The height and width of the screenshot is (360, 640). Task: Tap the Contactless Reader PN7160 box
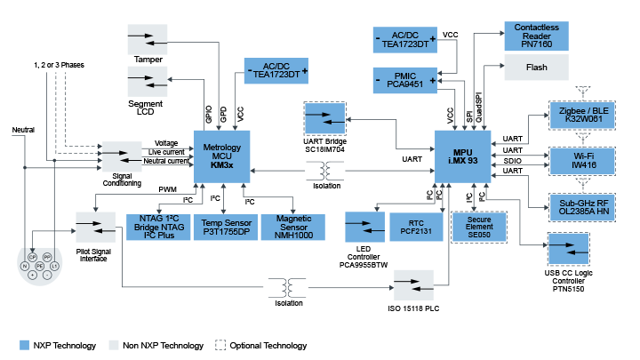tap(536, 35)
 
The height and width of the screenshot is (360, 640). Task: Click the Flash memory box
tap(536, 66)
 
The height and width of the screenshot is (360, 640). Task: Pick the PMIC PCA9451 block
tap(404, 81)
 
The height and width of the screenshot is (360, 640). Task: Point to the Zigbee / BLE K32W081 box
tap(582, 116)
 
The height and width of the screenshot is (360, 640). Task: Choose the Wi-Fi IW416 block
tap(582, 160)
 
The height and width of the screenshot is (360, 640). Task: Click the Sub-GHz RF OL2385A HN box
tap(582, 205)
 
